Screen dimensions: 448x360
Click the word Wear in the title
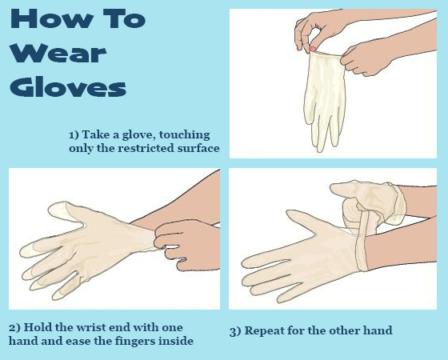[x=58, y=53]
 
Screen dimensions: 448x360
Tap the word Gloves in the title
[x=68, y=86]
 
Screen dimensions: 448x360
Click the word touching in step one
[x=184, y=135]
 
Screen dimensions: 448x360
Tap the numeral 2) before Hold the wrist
[x=14, y=327]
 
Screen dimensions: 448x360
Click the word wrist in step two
[x=92, y=327]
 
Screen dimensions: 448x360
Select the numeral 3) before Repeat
[x=235, y=331]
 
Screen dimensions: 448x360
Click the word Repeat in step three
[x=264, y=331]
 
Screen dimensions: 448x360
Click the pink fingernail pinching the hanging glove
[x=313, y=49]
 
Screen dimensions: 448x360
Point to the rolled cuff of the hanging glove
[x=326, y=54]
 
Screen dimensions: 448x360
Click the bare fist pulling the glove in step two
[x=186, y=245]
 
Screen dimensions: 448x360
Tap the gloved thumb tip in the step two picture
[x=57, y=209]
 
